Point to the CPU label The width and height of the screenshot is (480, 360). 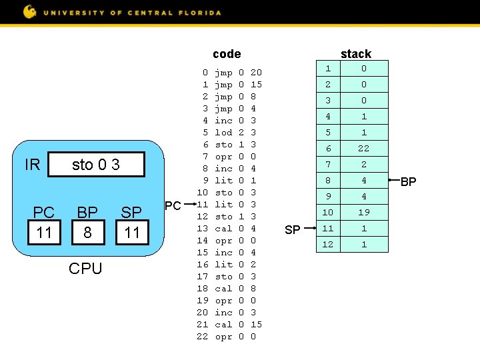(x=86, y=269)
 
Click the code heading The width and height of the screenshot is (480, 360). (x=227, y=54)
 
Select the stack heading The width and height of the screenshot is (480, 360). (x=355, y=54)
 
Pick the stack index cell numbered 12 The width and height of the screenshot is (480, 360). (x=327, y=245)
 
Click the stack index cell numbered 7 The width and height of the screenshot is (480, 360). (x=327, y=165)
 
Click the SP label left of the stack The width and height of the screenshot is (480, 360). (x=292, y=229)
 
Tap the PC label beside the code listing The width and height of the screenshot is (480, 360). (x=172, y=205)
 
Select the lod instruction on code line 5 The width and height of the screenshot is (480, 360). (x=224, y=133)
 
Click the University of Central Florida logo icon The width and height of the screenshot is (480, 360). (x=29, y=11)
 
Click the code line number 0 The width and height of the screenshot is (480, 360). (x=205, y=73)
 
